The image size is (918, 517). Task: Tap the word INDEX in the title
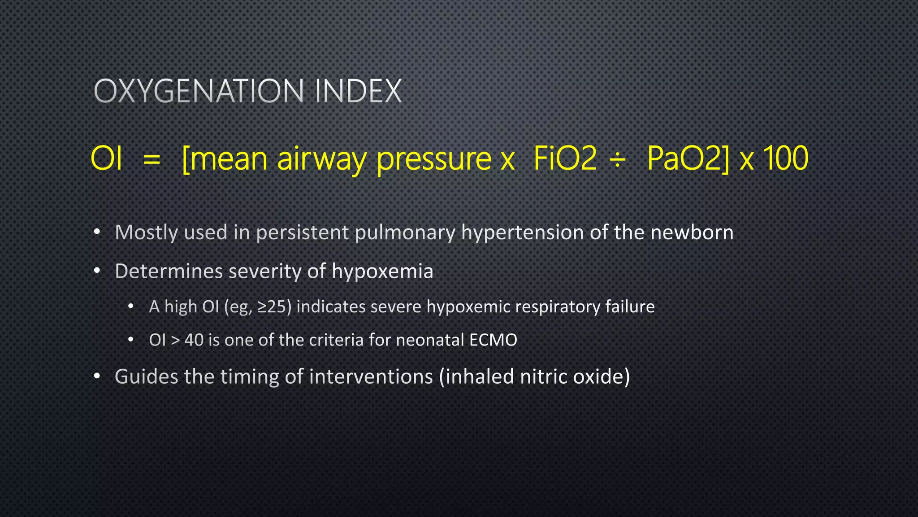358,92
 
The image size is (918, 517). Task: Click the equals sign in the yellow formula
152,159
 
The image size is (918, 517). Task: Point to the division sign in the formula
618,160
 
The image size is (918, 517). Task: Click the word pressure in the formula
434,159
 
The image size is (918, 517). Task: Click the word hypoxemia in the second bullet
382,272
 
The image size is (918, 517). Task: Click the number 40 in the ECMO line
194,340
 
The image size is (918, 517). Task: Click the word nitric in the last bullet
543,377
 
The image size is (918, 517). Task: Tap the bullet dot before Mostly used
97,232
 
